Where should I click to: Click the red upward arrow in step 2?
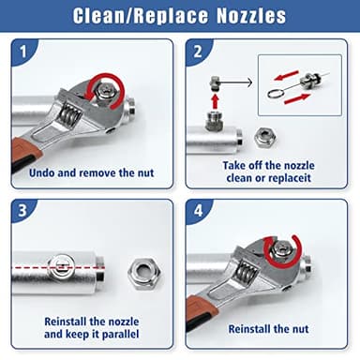pos(214,99)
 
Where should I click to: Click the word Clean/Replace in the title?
pos(127,16)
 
